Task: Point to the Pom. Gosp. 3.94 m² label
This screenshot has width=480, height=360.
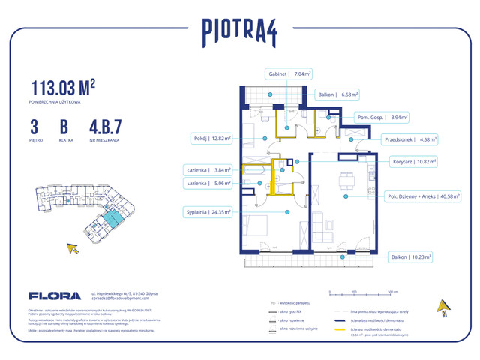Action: (x=382, y=118)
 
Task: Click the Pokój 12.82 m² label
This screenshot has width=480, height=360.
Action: (x=210, y=139)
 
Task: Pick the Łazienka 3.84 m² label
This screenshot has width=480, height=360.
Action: (x=209, y=169)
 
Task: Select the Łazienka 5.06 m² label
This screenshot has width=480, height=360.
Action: (x=209, y=182)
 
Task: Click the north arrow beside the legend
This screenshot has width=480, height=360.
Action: (x=444, y=306)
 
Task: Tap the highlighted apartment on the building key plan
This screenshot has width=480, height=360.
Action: (x=110, y=219)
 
